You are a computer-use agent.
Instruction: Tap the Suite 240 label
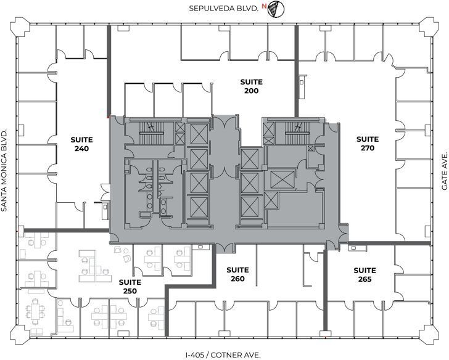(x=81, y=144)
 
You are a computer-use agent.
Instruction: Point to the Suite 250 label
(x=130, y=287)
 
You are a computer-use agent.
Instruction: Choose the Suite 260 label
(x=237, y=274)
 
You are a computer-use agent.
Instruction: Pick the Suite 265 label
(x=365, y=274)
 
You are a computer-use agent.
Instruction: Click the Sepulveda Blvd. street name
(x=224, y=8)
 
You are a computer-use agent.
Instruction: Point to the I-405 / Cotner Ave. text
(x=223, y=354)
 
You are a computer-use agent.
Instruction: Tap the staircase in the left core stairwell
(x=149, y=128)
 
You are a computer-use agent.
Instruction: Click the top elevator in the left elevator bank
(x=199, y=133)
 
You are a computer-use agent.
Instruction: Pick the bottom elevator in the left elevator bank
(x=199, y=209)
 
